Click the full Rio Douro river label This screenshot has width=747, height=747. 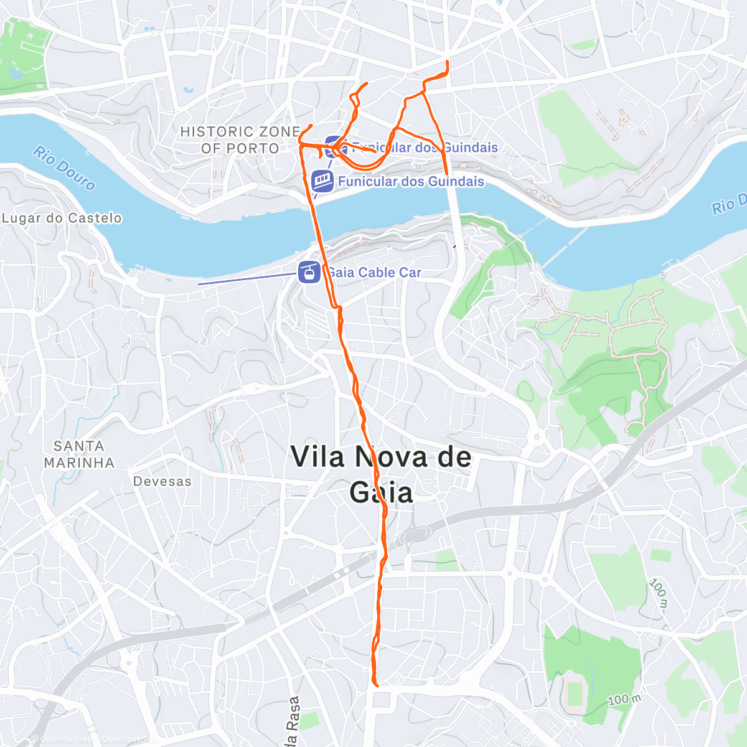(65, 168)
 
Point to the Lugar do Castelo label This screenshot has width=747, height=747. (62, 218)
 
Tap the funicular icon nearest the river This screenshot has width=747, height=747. (322, 181)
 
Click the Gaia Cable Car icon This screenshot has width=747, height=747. (309, 272)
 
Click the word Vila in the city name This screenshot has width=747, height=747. (317, 458)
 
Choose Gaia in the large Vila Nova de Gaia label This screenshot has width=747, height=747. (381, 493)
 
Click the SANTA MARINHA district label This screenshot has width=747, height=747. (79, 454)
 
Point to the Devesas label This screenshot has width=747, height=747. (162, 482)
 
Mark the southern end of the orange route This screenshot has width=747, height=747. (377, 685)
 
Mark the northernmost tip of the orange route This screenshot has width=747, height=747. (448, 61)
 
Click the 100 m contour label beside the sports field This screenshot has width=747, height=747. (624, 700)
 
